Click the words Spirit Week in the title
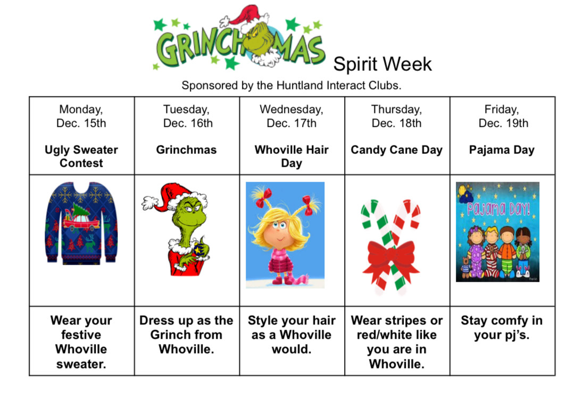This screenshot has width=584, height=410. pos(382,64)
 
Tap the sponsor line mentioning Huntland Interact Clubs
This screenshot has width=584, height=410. pos(291,85)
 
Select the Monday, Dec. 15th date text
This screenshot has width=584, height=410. pos(81,116)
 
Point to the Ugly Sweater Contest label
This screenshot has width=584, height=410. pos(81,156)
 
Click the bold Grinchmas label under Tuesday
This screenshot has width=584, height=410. pos(186,150)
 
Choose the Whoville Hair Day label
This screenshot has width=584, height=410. pos(291,156)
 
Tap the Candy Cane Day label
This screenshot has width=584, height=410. pos(396,150)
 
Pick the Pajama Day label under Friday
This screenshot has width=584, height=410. pos(502,150)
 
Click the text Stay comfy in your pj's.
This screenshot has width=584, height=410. pos(502,327)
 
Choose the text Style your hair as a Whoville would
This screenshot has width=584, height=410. pos(291,335)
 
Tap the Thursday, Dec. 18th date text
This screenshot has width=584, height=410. pos(396,116)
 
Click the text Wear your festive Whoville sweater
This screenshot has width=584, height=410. pos(81,342)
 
